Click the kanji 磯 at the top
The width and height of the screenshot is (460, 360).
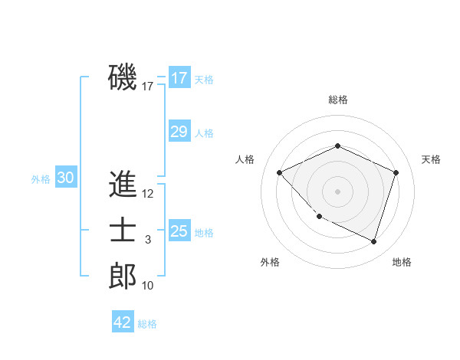tap(123, 77)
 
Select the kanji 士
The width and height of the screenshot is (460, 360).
tap(123, 231)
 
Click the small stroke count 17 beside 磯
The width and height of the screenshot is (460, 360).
tap(148, 87)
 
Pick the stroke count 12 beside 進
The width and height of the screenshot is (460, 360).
tap(148, 194)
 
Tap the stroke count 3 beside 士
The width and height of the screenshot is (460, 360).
tap(148, 240)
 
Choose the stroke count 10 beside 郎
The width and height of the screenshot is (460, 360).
tap(148, 286)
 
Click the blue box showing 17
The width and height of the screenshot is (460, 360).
tap(179, 78)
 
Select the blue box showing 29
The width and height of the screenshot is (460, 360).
tap(179, 132)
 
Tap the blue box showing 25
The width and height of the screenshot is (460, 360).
tap(179, 231)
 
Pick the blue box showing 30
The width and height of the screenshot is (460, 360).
tap(65, 178)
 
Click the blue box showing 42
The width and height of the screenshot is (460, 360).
tap(123, 322)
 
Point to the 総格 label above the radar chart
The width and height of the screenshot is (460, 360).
tap(338, 100)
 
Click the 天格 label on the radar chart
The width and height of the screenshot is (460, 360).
tap(431, 159)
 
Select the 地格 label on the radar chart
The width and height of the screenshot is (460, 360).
tap(402, 262)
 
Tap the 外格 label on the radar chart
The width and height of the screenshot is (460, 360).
tap(270, 262)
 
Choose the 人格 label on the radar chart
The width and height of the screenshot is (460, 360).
tap(245, 159)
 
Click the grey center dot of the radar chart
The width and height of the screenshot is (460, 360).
tap(337, 191)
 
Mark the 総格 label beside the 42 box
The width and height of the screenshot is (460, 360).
tap(147, 323)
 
